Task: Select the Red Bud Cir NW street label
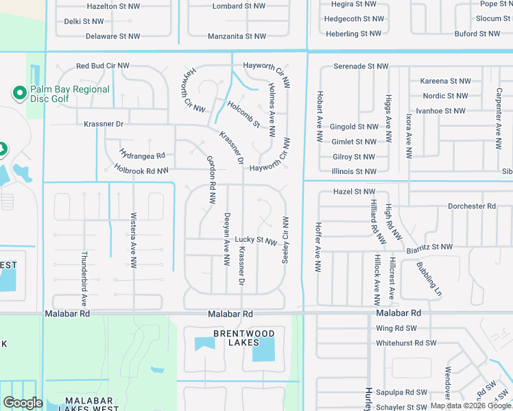click(103, 66)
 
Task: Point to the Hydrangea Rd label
click(142, 155)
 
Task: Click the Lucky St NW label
click(256, 240)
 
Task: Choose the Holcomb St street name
click(243, 114)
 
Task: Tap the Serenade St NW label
click(361, 66)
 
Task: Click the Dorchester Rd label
click(471, 206)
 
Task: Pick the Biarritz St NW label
click(428, 247)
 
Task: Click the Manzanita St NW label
click(236, 35)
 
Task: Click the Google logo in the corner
click(23, 403)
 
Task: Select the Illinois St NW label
click(354, 171)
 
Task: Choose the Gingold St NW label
click(354, 127)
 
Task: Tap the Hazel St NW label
click(355, 192)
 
